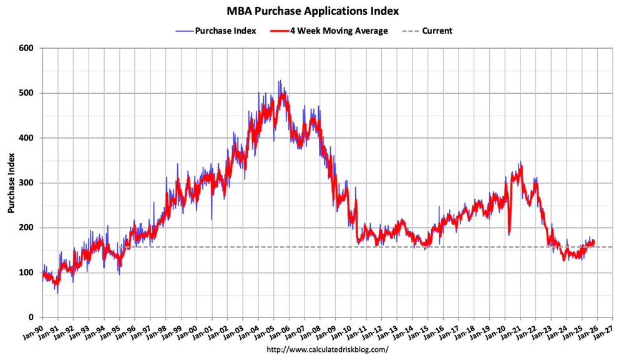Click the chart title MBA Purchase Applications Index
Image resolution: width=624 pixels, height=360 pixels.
tap(313, 11)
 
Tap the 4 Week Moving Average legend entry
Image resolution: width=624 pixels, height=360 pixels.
tap(337, 31)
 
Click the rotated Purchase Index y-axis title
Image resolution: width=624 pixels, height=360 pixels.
tap(12, 182)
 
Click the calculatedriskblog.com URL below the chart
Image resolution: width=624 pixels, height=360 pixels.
tap(327, 350)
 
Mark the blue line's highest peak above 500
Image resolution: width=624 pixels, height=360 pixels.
tap(280, 80)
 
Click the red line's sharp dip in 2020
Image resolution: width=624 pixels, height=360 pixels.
tap(510, 234)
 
